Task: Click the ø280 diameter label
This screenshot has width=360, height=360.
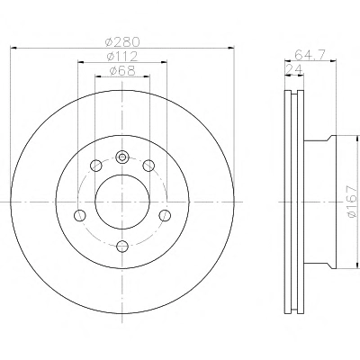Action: pyautogui.click(x=122, y=42)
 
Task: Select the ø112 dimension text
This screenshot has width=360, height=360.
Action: pyautogui.click(x=122, y=57)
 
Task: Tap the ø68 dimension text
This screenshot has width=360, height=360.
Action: pyautogui.click(x=122, y=71)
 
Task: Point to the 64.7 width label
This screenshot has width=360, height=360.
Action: pyautogui.click(x=310, y=55)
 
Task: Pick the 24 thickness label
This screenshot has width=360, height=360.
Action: pyautogui.click(x=294, y=69)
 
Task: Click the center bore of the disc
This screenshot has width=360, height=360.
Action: pyautogui.click(x=122, y=202)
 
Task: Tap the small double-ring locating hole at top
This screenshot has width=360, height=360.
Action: pyautogui.click(x=122, y=157)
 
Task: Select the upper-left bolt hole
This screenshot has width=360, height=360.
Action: pyautogui.click(x=96, y=166)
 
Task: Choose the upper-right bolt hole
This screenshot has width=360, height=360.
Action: pyautogui.click(x=148, y=166)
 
